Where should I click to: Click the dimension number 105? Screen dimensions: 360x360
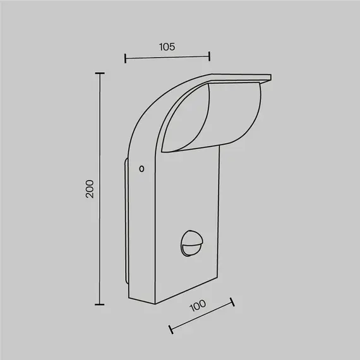point(167,46)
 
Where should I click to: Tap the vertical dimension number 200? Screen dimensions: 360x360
point(90,189)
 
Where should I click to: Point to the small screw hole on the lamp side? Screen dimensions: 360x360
point(141,169)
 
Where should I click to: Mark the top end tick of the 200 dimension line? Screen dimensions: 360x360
point(99,74)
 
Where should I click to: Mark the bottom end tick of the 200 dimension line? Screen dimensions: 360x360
point(99,304)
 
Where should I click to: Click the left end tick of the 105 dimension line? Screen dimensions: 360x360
point(126,59)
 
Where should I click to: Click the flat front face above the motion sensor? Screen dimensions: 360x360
point(189,189)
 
